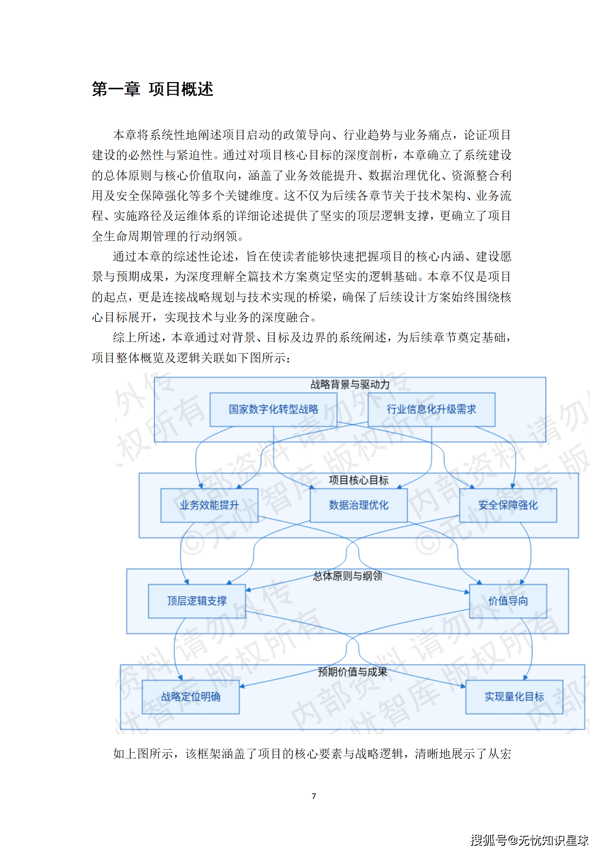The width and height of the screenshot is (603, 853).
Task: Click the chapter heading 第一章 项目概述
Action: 152,89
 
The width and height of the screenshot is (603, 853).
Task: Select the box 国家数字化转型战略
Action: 273,409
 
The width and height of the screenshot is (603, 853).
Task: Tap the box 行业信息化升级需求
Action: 431,409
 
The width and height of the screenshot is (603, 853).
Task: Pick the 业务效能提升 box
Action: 209,505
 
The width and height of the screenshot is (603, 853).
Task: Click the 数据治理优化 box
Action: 358,505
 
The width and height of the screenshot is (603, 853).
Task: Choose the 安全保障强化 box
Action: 508,505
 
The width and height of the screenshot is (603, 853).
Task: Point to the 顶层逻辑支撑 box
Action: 197,601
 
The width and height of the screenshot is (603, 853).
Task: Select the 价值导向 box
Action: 508,601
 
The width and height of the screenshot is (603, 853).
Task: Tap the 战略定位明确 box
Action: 191,696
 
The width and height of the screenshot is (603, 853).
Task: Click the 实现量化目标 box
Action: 514,696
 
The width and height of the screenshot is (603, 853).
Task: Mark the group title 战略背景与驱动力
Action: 350,385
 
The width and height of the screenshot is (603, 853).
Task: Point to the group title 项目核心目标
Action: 358,480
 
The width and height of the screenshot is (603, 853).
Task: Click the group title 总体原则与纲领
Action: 347,576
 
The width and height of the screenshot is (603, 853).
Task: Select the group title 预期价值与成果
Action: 352,672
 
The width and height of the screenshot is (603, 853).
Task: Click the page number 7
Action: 313,796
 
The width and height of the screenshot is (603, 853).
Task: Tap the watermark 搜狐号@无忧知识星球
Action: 529,840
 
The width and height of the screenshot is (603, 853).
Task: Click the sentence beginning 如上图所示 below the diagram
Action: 312,753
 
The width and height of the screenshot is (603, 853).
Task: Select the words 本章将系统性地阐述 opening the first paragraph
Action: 167,135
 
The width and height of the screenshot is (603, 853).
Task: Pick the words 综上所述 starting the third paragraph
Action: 137,337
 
